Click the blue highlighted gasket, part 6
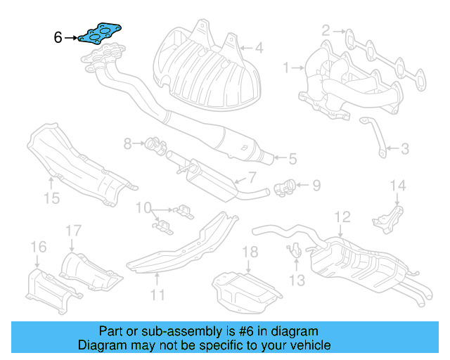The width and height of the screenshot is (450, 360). [102, 33]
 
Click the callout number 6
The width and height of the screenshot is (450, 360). [58, 37]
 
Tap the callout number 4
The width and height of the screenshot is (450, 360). [259, 49]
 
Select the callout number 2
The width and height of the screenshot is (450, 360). [326, 30]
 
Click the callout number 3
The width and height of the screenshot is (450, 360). [404, 148]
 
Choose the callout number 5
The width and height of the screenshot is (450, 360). [291, 159]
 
